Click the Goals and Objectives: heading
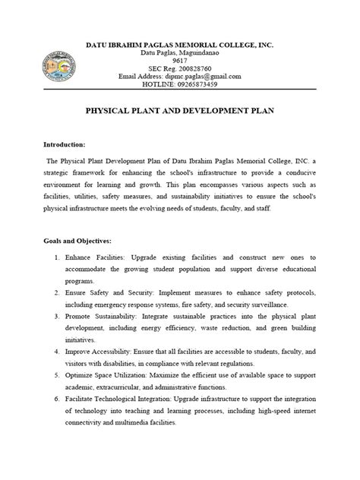(78, 240)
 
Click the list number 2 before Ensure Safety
(58, 292)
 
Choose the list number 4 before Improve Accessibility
(58, 352)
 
